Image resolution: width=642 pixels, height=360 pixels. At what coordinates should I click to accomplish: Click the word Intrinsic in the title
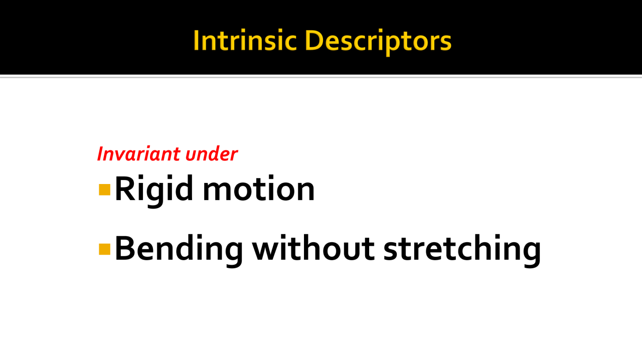[x=245, y=41]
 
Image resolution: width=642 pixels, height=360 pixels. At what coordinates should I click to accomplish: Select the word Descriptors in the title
[x=378, y=43]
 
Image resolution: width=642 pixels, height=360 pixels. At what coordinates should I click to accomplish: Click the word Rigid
[x=154, y=191]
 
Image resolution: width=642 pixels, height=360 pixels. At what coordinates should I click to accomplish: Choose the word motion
[x=259, y=189]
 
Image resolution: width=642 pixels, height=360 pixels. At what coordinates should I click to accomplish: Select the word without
[x=313, y=248]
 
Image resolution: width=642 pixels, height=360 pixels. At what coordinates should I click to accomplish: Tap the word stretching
[x=462, y=250]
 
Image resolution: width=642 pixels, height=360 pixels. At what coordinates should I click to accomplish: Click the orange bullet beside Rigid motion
[x=104, y=190]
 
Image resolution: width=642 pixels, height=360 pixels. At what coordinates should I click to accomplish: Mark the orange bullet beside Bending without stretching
[x=104, y=249]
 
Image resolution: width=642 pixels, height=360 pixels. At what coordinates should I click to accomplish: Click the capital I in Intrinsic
[x=196, y=41]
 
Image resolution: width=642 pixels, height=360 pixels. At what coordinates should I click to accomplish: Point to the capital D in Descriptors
[x=314, y=41]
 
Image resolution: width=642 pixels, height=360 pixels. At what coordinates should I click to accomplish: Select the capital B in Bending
[x=124, y=249]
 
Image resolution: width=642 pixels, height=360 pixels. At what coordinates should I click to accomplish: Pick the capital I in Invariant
[x=101, y=154]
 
